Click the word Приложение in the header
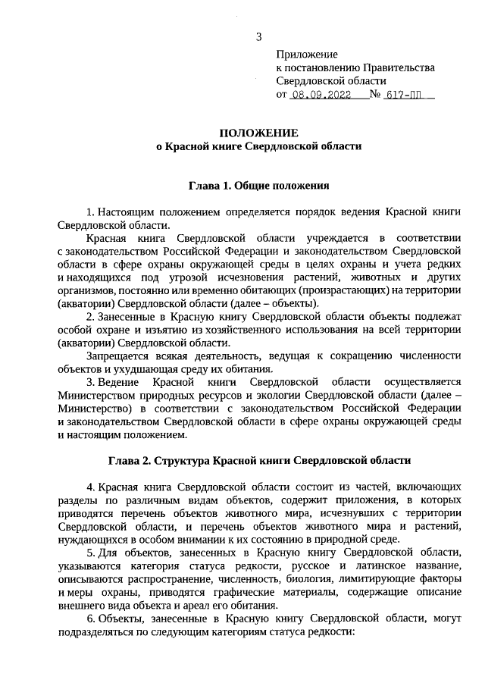pos(307,54)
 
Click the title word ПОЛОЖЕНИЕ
pos(258,132)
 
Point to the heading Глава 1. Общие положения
pos(258,184)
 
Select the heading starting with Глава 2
pos(258,459)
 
